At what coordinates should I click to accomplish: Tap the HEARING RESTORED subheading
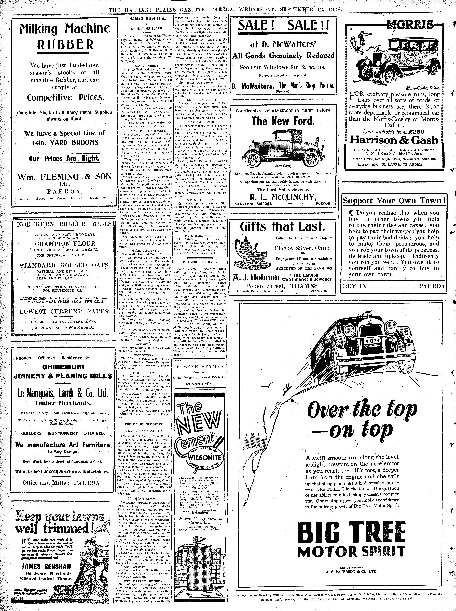pyautogui.click(x=200, y=262)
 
